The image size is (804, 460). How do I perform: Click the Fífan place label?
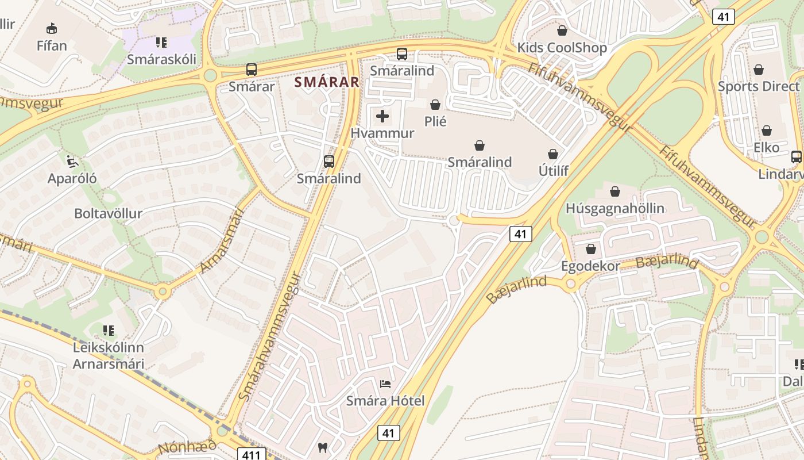(x=52, y=45)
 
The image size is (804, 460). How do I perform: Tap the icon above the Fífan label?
(x=52, y=28)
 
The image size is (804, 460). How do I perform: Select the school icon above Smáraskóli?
(x=161, y=42)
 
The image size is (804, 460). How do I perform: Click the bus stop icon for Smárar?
(x=252, y=70)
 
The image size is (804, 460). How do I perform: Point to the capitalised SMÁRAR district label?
(x=327, y=82)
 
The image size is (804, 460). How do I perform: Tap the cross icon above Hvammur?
(x=382, y=117)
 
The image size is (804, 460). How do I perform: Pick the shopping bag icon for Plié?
(x=435, y=105)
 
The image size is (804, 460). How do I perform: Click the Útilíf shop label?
(x=554, y=171)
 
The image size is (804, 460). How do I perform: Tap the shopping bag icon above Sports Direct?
(x=759, y=70)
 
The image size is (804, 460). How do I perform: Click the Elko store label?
(x=767, y=147)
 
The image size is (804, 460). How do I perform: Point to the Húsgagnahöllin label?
(x=615, y=208)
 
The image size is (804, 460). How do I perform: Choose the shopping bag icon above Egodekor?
(x=590, y=249)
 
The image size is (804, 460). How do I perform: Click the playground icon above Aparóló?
(x=72, y=162)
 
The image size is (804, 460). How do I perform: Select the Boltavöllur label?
(x=108, y=213)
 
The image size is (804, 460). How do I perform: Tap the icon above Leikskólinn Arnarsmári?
(x=109, y=331)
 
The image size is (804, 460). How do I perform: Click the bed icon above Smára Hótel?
(x=385, y=384)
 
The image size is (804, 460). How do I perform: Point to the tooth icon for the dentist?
(x=323, y=447)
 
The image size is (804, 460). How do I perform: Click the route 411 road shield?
(x=252, y=454)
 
